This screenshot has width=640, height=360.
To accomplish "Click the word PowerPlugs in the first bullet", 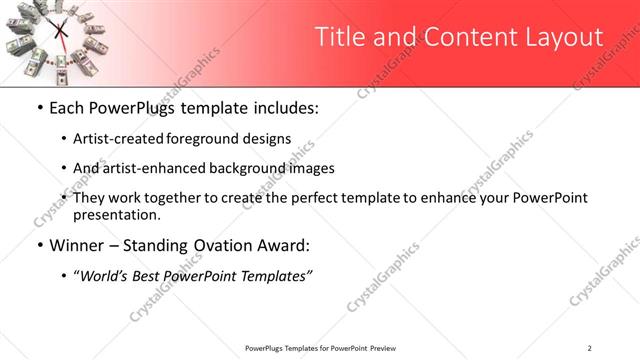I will [x=130, y=107].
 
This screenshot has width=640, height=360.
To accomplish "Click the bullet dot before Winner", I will [x=38, y=245].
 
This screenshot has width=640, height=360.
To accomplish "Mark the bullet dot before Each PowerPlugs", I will [x=38, y=107].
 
